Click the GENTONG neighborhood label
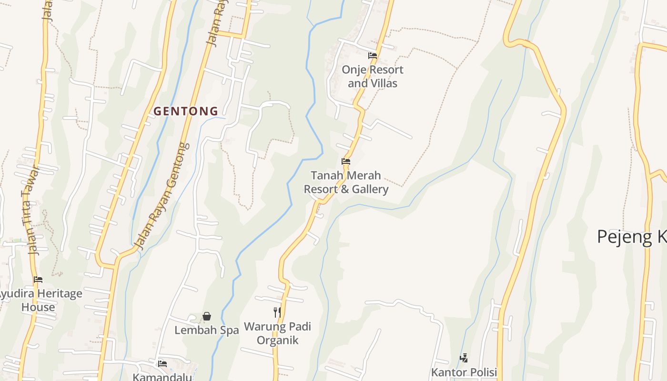(186, 111)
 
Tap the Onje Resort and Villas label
(372, 76)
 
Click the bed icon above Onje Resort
(373, 56)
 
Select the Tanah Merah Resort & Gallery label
(346, 182)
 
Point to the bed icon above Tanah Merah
(346, 161)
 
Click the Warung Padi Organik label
(277, 333)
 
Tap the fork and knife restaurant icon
(277, 312)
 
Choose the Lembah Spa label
(206, 330)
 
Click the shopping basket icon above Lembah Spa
(207, 316)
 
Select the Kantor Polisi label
(464, 372)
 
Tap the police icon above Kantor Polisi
(464, 358)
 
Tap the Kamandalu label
(162, 377)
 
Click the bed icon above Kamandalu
(162, 363)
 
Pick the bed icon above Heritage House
(38, 280)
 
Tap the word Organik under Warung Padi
(277, 340)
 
